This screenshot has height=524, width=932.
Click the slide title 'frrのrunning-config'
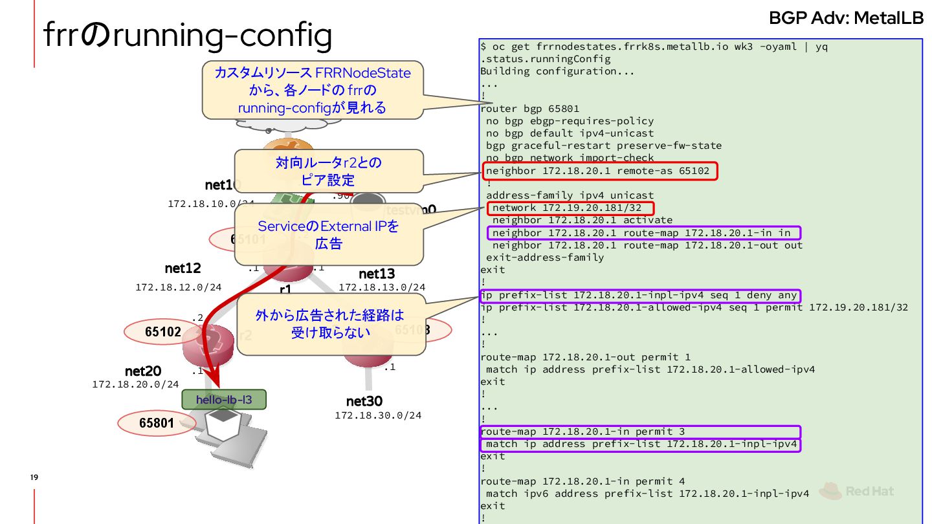click(188, 36)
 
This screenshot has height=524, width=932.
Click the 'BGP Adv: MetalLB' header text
click(846, 18)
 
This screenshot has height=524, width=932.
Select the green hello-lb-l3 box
click(225, 400)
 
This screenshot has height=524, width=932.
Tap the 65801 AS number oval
click(157, 423)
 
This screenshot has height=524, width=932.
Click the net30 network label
click(364, 402)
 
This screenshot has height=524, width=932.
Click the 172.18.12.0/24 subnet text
click(178, 287)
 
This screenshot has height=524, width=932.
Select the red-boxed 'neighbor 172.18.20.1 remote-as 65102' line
click(600, 171)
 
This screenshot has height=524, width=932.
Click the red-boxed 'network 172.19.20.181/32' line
click(570, 208)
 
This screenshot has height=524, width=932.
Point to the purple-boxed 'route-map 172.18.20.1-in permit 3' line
click(640, 431)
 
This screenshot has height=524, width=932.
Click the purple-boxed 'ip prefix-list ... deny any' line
click(639, 296)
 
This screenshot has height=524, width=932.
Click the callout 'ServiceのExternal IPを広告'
click(329, 234)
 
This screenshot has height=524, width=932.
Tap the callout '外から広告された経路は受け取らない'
click(331, 323)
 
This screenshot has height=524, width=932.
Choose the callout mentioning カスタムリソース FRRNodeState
click(313, 90)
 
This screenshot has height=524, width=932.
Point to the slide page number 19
click(34, 477)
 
